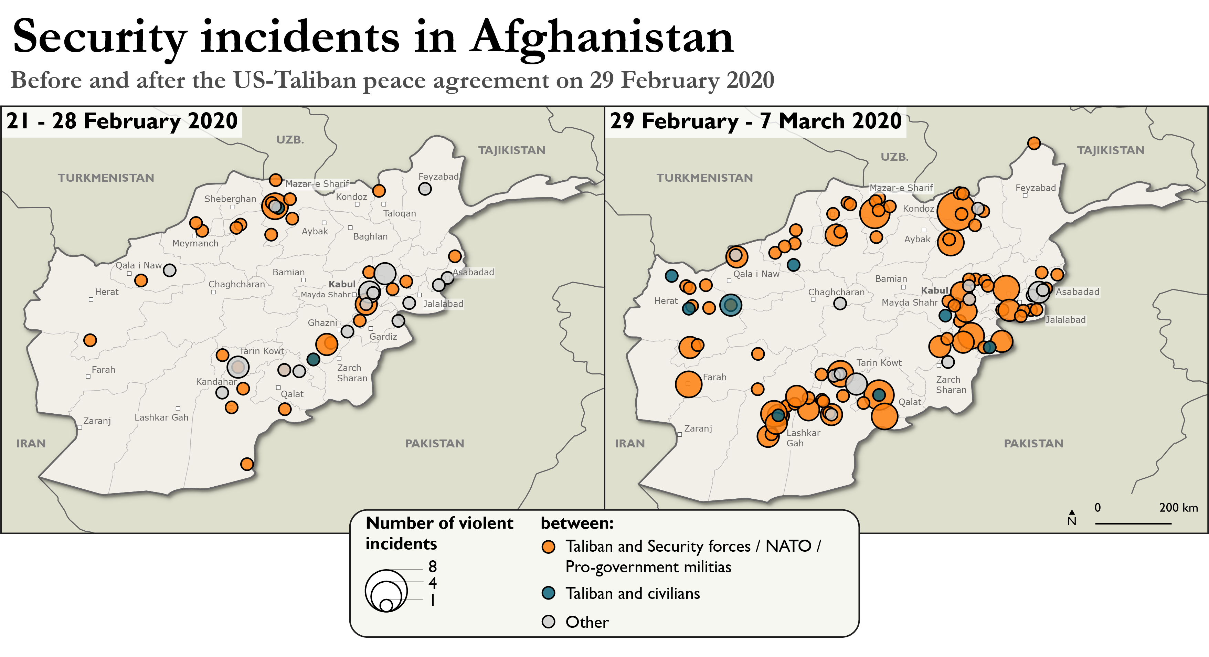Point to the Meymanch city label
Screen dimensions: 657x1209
point(195,243)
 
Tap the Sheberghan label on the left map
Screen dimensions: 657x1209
point(230,199)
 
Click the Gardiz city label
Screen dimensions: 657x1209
point(383,337)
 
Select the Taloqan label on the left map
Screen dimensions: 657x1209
point(400,213)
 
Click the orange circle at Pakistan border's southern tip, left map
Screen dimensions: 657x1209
point(247,464)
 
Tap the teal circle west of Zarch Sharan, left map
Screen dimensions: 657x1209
point(313,359)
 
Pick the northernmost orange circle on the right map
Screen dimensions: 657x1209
point(1033,143)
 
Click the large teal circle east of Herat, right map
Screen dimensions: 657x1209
point(730,305)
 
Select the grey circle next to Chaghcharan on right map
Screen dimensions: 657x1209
point(840,303)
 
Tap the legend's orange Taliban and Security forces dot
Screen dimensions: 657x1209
point(548,547)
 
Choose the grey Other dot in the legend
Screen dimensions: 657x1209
point(548,622)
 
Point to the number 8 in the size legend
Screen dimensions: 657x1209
point(432,566)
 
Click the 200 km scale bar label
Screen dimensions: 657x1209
point(1178,507)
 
